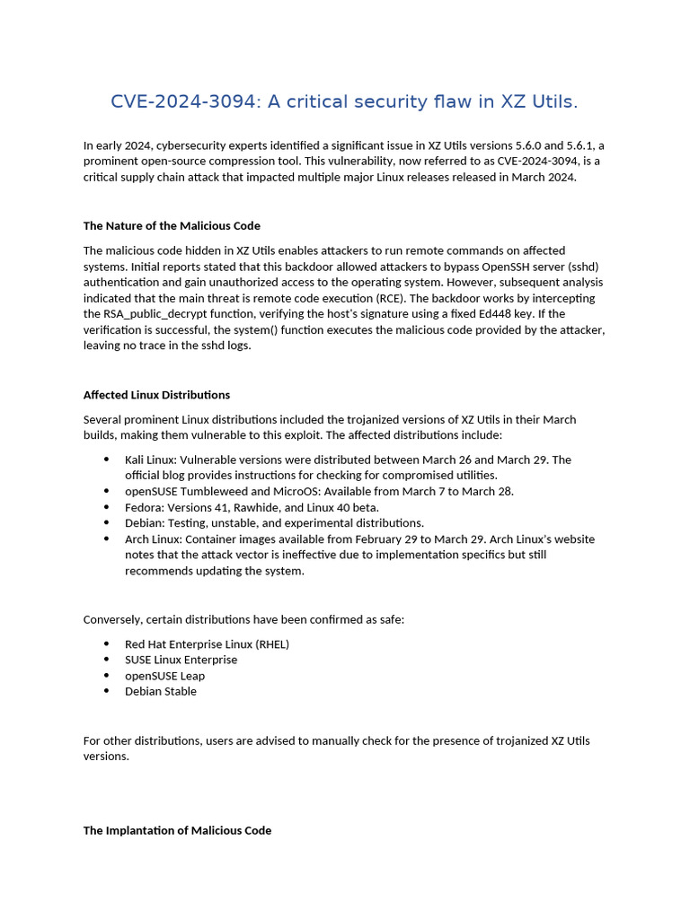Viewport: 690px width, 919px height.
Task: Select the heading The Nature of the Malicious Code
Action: [172, 225]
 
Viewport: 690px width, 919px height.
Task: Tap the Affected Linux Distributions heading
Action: [156, 394]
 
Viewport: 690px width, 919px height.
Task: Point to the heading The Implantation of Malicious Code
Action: [177, 830]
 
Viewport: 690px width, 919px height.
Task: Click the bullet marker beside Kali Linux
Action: [107, 459]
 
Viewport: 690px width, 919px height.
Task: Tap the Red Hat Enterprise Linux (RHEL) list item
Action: [207, 644]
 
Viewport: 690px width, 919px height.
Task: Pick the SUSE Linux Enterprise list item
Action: [181, 660]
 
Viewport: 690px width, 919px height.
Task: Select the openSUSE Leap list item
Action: [164, 676]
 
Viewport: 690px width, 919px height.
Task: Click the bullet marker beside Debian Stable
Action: [107, 691]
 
